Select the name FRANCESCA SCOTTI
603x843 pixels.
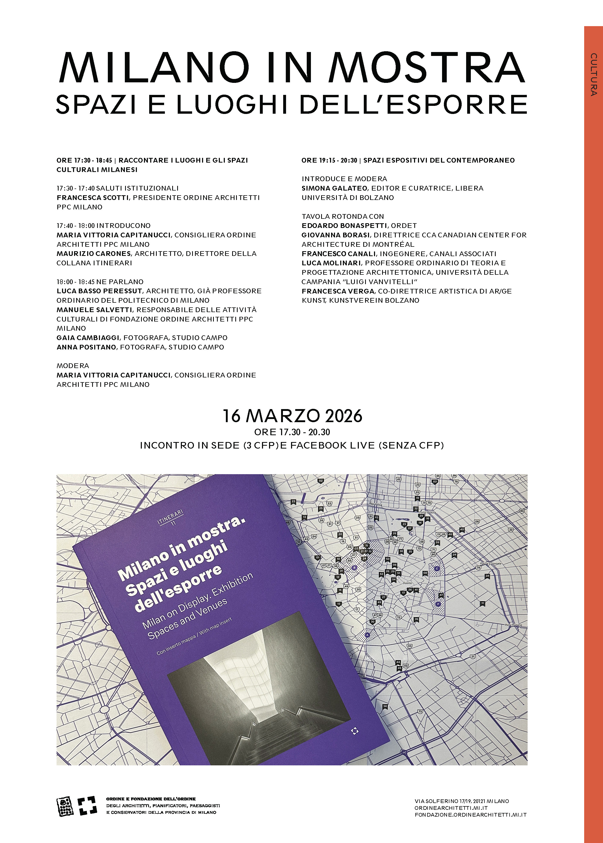[x=92, y=198]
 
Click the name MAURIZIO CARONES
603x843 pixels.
[x=94, y=254]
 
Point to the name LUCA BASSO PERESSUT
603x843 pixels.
[x=99, y=291]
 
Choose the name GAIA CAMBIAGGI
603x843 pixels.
[x=88, y=338]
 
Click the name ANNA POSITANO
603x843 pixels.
[x=86, y=347]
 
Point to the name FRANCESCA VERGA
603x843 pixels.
[x=338, y=291]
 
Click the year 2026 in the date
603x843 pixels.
[x=343, y=416]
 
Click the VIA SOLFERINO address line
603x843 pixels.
[x=461, y=801]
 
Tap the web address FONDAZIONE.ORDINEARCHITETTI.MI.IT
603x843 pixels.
[x=471, y=815]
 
